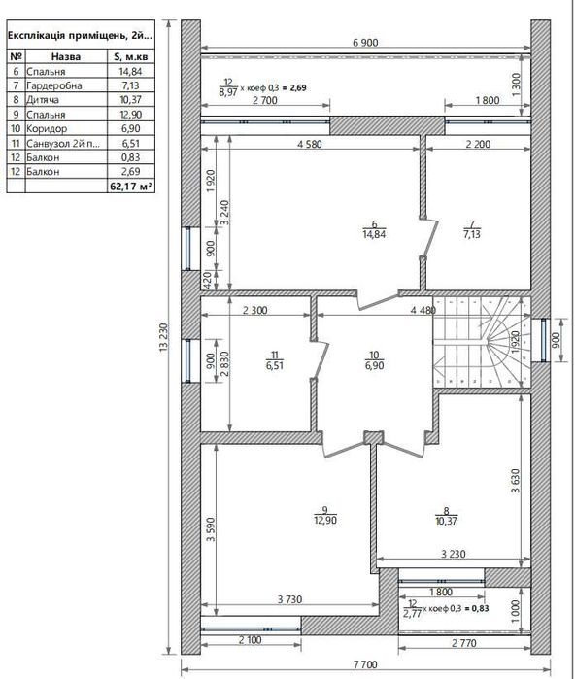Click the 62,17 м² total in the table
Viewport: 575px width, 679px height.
tap(131, 187)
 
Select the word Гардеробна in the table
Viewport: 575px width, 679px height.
tap(54, 85)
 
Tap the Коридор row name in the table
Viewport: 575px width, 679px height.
tap(47, 128)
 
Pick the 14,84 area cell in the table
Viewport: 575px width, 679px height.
tap(131, 72)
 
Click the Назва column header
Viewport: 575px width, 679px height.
tap(66, 56)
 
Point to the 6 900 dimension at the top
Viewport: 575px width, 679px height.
tap(365, 43)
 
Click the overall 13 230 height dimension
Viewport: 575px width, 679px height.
tap(164, 337)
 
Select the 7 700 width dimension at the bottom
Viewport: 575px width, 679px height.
tap(365, 664)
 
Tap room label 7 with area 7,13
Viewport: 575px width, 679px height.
tap(472, 229)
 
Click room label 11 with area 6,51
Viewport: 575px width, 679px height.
tap(275, 360)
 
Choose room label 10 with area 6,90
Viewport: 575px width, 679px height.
tap(374, 360)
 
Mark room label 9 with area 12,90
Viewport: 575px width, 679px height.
tap(324, 515)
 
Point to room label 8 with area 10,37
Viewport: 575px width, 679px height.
tap(446, 516)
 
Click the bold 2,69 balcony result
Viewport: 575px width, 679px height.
tap(298, 87)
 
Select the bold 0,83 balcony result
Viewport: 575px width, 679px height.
tap(480, 608)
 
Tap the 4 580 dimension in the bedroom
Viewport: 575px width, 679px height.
tap(310, 144)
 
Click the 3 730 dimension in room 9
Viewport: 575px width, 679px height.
tap(289, 599)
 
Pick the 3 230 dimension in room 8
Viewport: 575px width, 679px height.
tap(454, 554)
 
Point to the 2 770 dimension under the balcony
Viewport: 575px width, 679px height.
tap(464, 643)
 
